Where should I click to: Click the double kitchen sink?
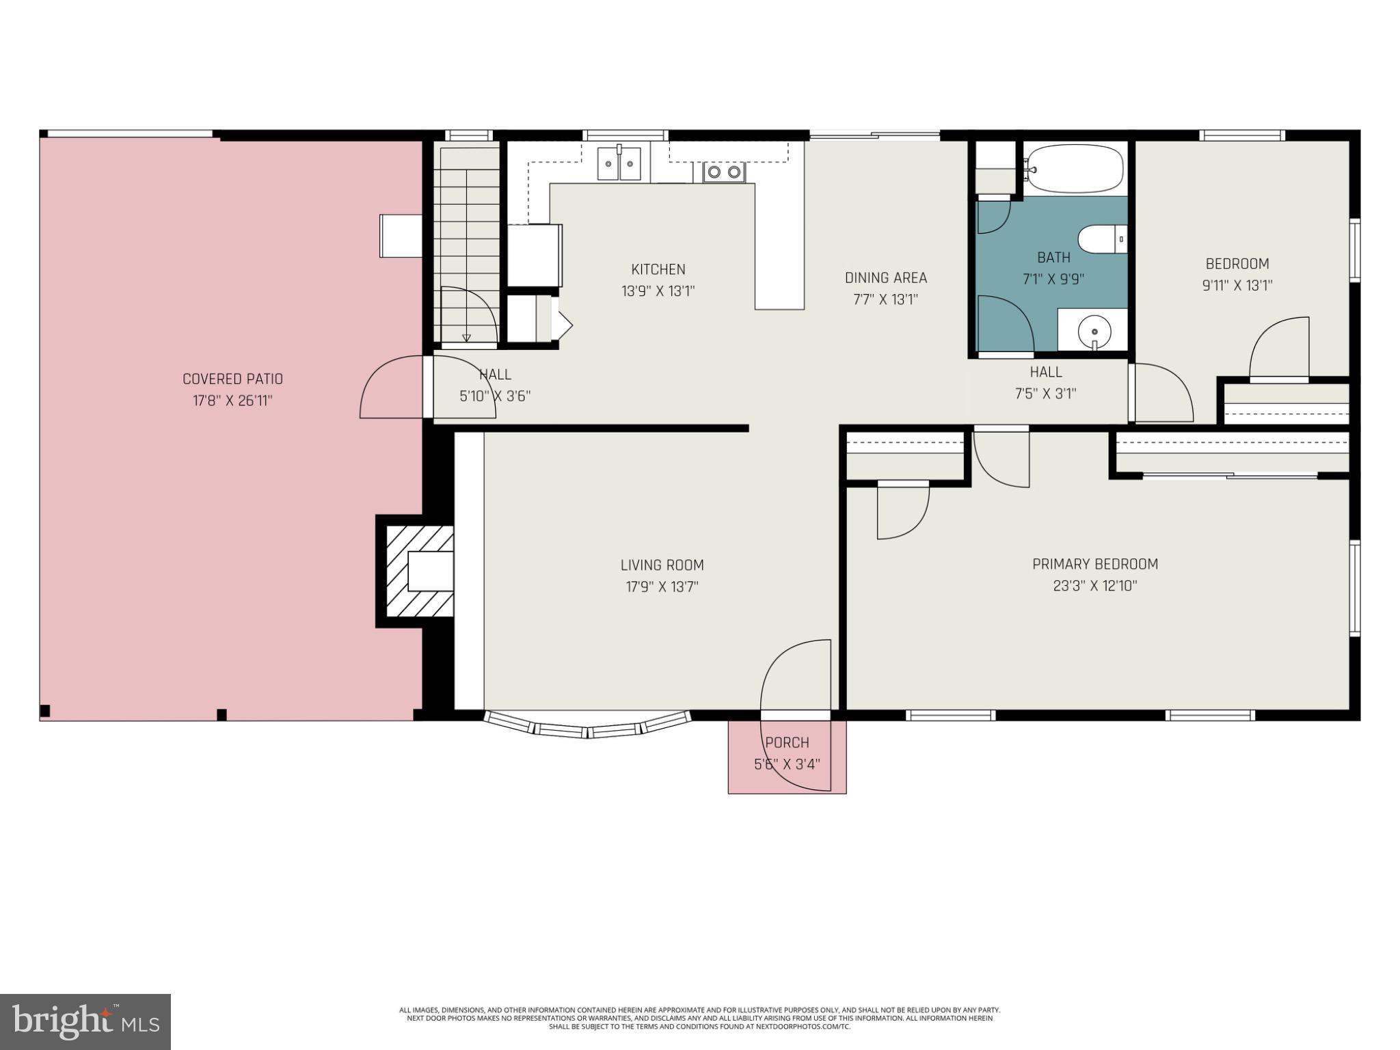619,165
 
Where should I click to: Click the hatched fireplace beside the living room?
419,571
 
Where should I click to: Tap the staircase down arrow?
467,337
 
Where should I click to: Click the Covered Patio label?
232,379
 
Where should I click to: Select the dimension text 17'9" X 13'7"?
662,587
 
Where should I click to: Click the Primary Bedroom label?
1094,564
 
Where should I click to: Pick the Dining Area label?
885,278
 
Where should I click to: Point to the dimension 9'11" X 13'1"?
1237,285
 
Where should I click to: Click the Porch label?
787,742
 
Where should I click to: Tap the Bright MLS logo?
85,1021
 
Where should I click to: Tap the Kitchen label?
658,269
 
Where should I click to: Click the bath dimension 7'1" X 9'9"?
1053,279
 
